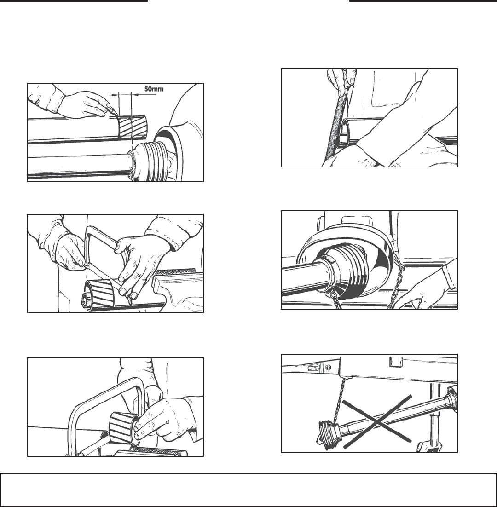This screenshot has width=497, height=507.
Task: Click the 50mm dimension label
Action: tap(154, 89)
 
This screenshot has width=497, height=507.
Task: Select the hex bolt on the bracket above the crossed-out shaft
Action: tap(328, 367)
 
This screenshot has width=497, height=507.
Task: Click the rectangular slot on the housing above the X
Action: tap(395, 362)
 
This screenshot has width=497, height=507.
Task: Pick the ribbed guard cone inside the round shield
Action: tap(343, 270)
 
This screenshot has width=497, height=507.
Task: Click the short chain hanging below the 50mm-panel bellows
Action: tap(133, 165)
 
